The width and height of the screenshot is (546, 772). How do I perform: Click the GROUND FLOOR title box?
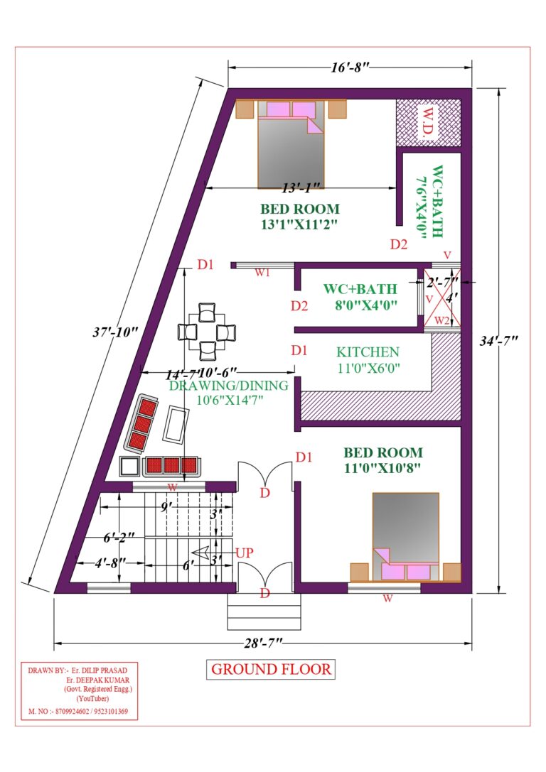[271, 669]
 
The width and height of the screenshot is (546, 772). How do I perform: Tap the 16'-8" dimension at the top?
[348, 67]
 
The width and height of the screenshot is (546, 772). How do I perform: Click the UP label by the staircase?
[245, 552]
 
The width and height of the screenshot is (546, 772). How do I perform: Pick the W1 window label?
[262, 275]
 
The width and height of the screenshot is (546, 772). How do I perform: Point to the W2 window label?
[442, 320]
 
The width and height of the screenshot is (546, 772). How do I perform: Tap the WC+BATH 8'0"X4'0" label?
[360, 297]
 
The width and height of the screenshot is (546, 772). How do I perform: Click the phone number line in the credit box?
[78, 711]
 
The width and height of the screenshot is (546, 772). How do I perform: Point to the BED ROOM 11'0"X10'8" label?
[383, 460]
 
